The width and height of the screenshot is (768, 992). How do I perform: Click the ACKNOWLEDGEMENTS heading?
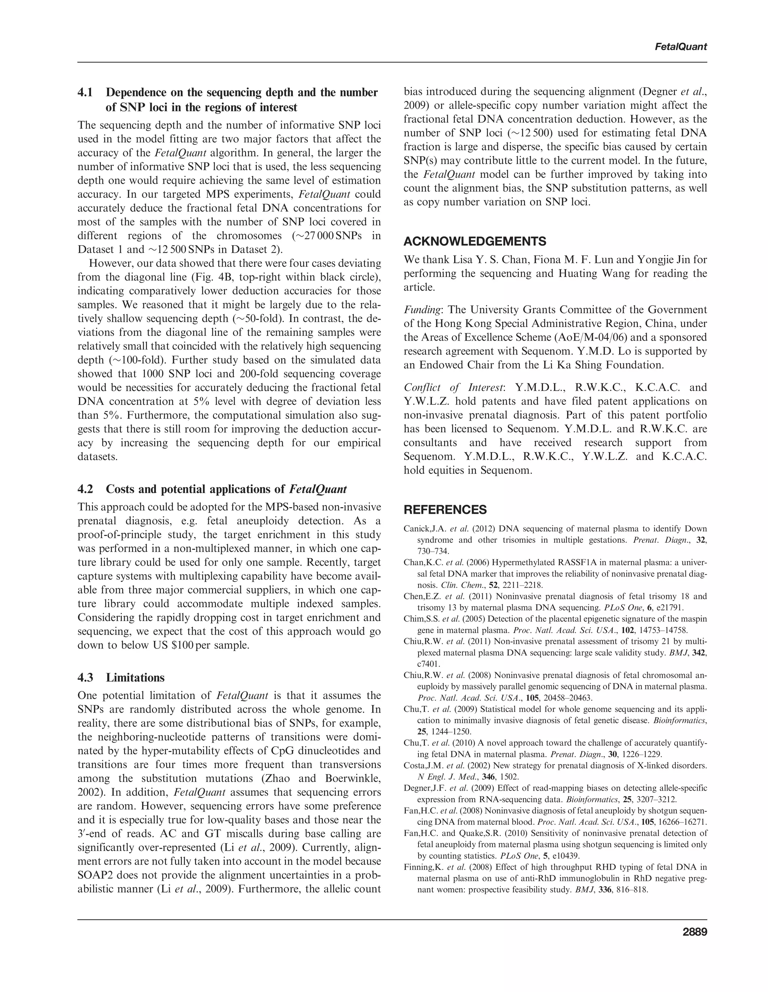click(x=475, y=241)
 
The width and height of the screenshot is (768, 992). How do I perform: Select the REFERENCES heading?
click(x=445, y=509)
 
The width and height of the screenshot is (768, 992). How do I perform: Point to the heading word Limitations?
click(x=135, y=677)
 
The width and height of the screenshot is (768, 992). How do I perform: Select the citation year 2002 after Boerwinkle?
click(x=91, y=792)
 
